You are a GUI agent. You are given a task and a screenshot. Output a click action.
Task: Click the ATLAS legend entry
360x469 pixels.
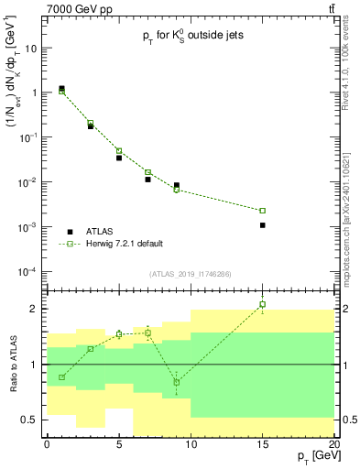(x=100, y=232)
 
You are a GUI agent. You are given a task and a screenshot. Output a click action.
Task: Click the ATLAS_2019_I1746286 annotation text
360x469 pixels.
(x=191, y=274)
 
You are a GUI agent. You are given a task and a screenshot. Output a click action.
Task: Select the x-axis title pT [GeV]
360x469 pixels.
(x=313, y=455)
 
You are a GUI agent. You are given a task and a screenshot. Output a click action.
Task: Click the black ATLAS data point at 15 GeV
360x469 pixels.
(x=262, y=224)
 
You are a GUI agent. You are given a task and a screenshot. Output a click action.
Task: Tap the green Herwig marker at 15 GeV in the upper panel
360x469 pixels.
(x=262, y=211)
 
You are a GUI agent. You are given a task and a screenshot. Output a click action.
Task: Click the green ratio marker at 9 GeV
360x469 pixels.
(x=176, y=382)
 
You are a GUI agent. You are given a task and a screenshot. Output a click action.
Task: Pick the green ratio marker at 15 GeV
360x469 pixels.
(x=262, y=304)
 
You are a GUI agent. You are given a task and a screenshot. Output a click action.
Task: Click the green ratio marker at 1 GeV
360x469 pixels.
(x=61, y=377)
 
